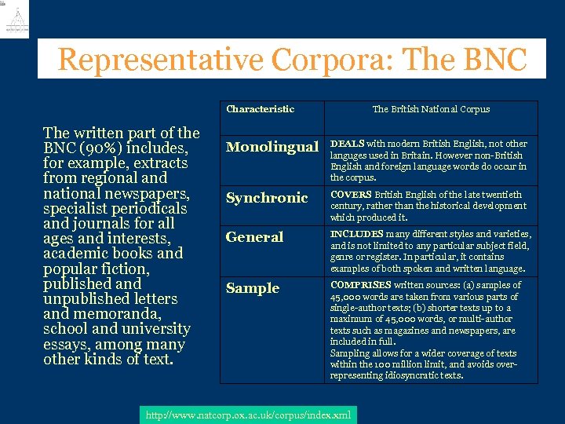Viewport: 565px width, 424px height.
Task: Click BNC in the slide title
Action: click(x=496, y=60)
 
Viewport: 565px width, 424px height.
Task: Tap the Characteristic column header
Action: click(x=260, y=109)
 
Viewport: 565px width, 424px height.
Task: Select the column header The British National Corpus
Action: click(x=431, y=109)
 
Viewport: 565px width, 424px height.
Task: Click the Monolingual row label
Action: click(x=272, y=147)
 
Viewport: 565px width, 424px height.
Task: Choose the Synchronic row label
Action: click(x=266, y=198)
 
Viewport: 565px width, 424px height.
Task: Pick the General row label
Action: click(x=254, y=237)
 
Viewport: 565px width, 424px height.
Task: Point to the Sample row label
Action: click(x=252, y=288)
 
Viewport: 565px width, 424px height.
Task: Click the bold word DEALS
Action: click(x=347, y=144)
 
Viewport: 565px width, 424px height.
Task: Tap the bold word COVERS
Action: click(x=351, y=195)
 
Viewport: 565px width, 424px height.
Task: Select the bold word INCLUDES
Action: click(x=356, y=234)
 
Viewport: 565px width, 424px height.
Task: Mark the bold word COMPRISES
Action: click(x=360, y=285)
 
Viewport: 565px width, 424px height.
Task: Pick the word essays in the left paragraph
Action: click(x=71, y=345)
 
